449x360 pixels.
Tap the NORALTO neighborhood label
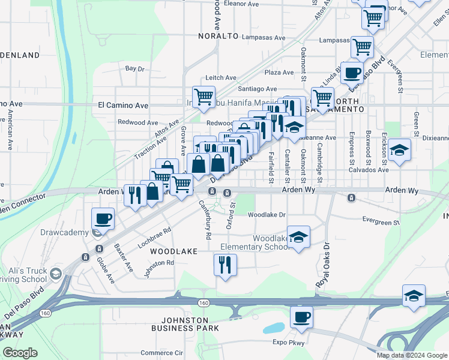(x=218, y=36)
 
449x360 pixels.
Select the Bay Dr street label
(x=135, y=69)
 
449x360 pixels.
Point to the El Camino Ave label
(x=123, y=105)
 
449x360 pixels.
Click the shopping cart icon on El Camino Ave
(x=203, y=96)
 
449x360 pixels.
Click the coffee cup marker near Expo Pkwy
(x=301, y=316)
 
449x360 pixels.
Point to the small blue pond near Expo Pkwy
(x=273, y=328)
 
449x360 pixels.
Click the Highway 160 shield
(x=204, y=303)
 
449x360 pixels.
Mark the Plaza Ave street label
(x=279, y=73)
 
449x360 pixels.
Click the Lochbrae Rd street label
(x=155, y=237)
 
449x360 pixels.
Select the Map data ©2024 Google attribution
(x=412, y=355)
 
